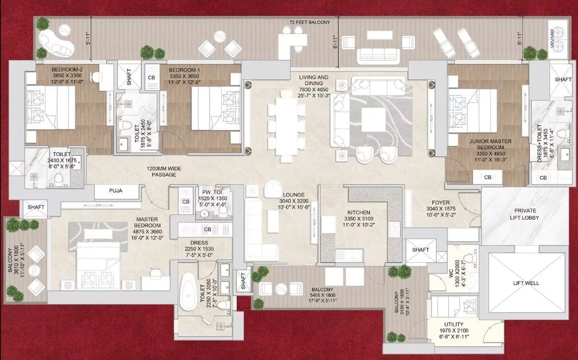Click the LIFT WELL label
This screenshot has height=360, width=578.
pyautogui.click(x=526, y=283)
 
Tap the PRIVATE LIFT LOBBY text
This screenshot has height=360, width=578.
pyautogui.click(x=525, y=214)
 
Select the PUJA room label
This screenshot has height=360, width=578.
pyautogui.click(x=116, y=190)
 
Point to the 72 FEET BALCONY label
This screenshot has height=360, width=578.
pyautogui.click(x=310, y=22)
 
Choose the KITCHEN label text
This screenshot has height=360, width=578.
pyautogui.click(x=359, y=213)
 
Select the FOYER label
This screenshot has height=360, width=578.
pyautogui.click(x=441, y=202)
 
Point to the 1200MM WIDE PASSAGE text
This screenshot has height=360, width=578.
pyautogui.click(x=164, y=171)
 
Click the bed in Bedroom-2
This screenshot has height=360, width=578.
pyautogui.click(x=50, y=107)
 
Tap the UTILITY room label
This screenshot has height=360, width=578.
pyautogui.click(x=454, y=324)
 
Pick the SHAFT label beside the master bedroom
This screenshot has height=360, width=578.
pyautogui.click(x=36, y=207)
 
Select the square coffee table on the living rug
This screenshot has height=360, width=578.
pyautogui.click(x=373, y=119)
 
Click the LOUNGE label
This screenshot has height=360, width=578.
pyautogui.click(x=293, y=195)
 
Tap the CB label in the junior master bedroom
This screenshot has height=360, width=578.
pyautogui.click(x=487, y=177)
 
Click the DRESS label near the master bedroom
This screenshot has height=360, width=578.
pyautogui.click(x=199, y=243)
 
